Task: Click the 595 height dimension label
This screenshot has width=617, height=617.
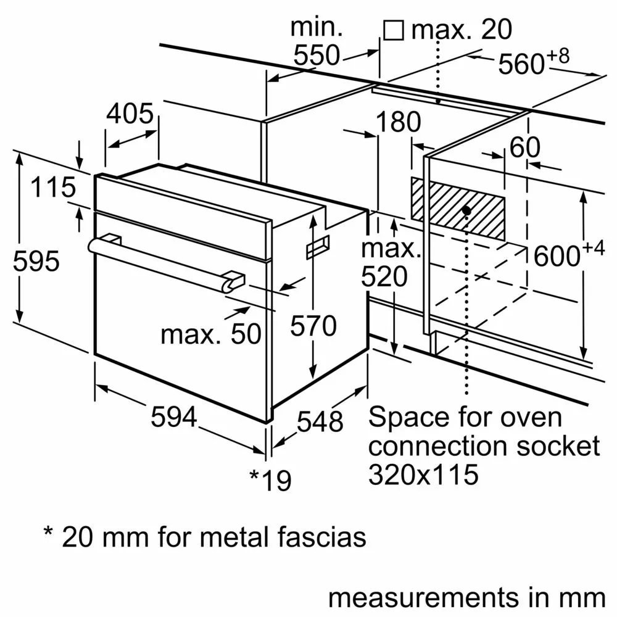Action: (x=36, y=261)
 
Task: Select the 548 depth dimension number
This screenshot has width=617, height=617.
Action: (x=320, y=421)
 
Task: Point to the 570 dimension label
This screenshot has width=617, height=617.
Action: (x=313, y=326)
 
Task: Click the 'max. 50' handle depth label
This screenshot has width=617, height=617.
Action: (x=210, y=334)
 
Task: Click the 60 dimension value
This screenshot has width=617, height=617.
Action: (x=525, y=147)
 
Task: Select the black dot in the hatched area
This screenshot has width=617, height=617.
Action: (x=466, y=210)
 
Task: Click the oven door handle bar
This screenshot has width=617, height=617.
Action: (x=160, y=260)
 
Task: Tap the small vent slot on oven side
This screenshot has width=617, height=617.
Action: (x=318, y=246)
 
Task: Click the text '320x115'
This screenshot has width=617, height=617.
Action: (x=423, y=474)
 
